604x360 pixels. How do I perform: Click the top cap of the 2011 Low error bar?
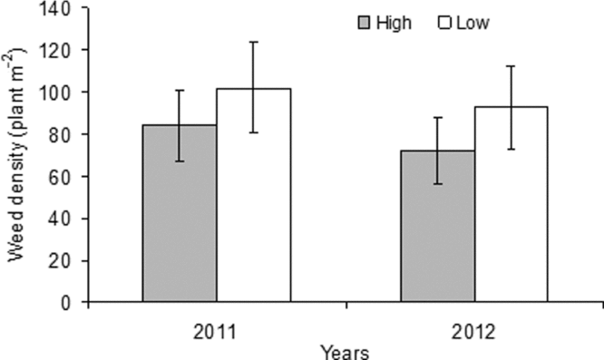coord(253,42)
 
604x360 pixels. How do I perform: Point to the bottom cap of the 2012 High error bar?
coord(437,184)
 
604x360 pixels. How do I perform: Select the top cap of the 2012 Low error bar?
coord(511,66)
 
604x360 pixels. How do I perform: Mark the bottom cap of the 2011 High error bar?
coord(180,161)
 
